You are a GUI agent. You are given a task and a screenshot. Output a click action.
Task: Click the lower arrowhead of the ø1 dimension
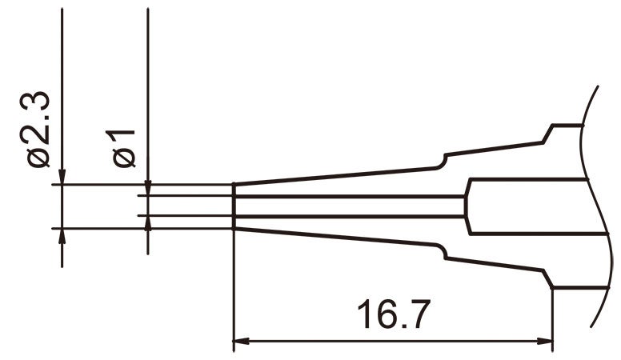[x=148, y=223]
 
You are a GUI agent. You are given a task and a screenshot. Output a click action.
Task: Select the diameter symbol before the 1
[x=125, y=158]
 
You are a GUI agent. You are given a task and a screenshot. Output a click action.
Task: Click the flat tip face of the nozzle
[x=233, y=206]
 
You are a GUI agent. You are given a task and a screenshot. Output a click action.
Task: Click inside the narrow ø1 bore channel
[x=344, y=206]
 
